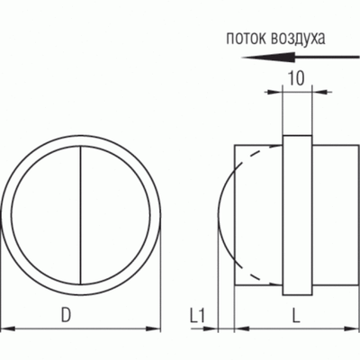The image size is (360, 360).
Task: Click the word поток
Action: [x=247, y=39]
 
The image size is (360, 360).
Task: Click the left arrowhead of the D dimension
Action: [x=5, y=328]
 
